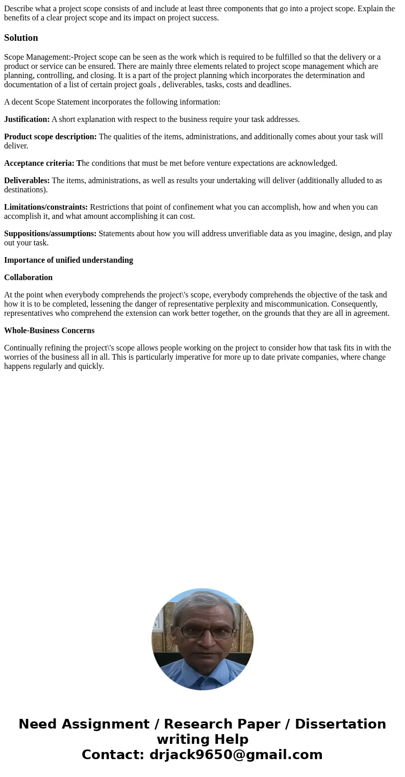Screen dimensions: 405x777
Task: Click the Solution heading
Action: [x=21, y=38]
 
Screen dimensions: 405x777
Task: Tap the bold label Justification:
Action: [x=27, y=119]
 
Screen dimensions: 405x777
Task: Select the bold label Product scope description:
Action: [x=50, y=137]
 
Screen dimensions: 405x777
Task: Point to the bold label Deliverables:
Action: [x=27, y=181]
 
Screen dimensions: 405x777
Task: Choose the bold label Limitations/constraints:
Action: [x=46, y=207]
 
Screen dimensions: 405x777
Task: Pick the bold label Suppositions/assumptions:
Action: [x=50, y=234]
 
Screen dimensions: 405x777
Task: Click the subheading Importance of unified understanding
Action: [x=68, y=260]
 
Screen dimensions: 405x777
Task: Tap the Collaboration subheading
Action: [x=28, y=278]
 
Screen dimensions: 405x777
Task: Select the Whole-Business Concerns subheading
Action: [x=49, y=331]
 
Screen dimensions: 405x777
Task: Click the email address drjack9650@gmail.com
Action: [x=236, y=755]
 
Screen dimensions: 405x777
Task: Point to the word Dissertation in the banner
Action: [x=340, y=724]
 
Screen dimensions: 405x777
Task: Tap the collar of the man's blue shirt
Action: [x=202, y=672]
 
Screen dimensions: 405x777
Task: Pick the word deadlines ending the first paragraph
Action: [x=274, y=85]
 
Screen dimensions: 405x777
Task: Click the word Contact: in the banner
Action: [x=113, y=755]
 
